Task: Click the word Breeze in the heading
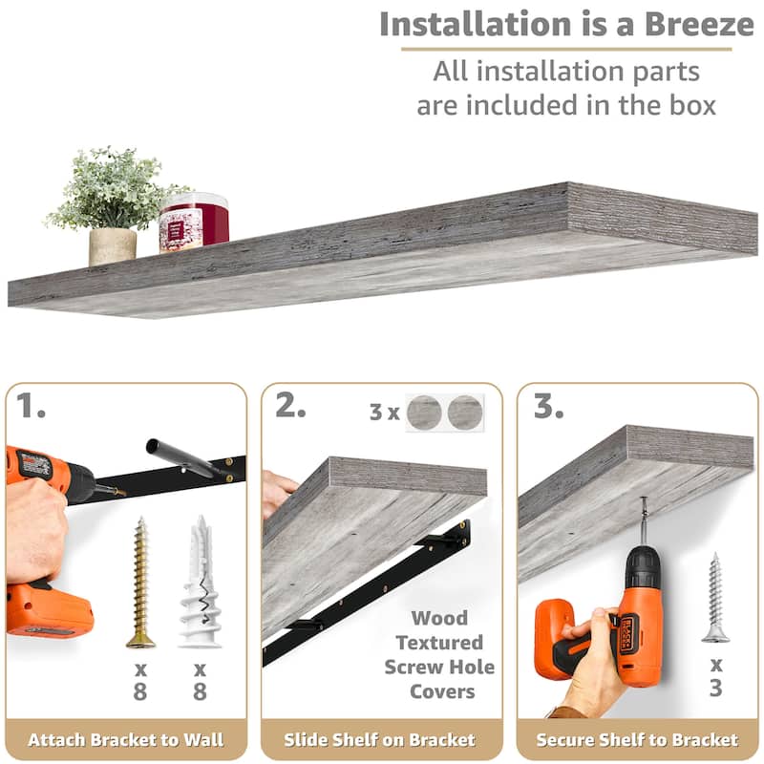(x=699, y=24)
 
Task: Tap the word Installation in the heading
(x=476, y=24)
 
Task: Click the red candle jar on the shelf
(x=194, y=223)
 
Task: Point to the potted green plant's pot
(x=113, y=246)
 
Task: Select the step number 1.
(x=31, y=406)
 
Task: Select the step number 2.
(x=290, y=405)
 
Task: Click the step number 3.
(x=548, y=406)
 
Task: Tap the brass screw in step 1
(x=140, y=583)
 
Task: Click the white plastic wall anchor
(x=200, y=582)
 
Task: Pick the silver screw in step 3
(x=715, y=598)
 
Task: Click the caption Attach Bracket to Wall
(x=126, y=739)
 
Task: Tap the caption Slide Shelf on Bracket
(x=379, y=739)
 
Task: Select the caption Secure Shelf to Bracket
(x=637, y=739)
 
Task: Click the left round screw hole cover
(x=424, y=413)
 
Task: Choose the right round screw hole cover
(x=465, y=413)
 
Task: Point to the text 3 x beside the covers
(x=385, y=413)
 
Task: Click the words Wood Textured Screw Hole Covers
(x=439, y=654)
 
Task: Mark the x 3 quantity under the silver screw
(x=715, y=677)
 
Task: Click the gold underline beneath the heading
(x=566, y=49)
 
